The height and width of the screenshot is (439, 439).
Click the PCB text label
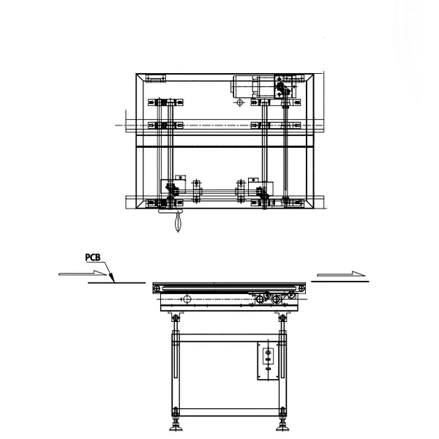point(93,258)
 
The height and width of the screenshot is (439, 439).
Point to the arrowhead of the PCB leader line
point(114,282)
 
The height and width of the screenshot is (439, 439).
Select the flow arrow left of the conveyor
point(83,273)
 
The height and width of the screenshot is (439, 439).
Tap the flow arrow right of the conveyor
point(341,274)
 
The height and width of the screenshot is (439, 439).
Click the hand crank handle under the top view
point(178,222)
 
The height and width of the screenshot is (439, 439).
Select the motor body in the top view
point(244,86)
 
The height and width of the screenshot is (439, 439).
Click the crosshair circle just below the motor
point(239,102)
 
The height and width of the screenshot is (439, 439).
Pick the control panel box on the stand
point(268,361)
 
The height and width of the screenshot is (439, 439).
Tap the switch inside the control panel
point(268,356)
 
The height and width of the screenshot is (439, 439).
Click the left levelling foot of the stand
point(176,427)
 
